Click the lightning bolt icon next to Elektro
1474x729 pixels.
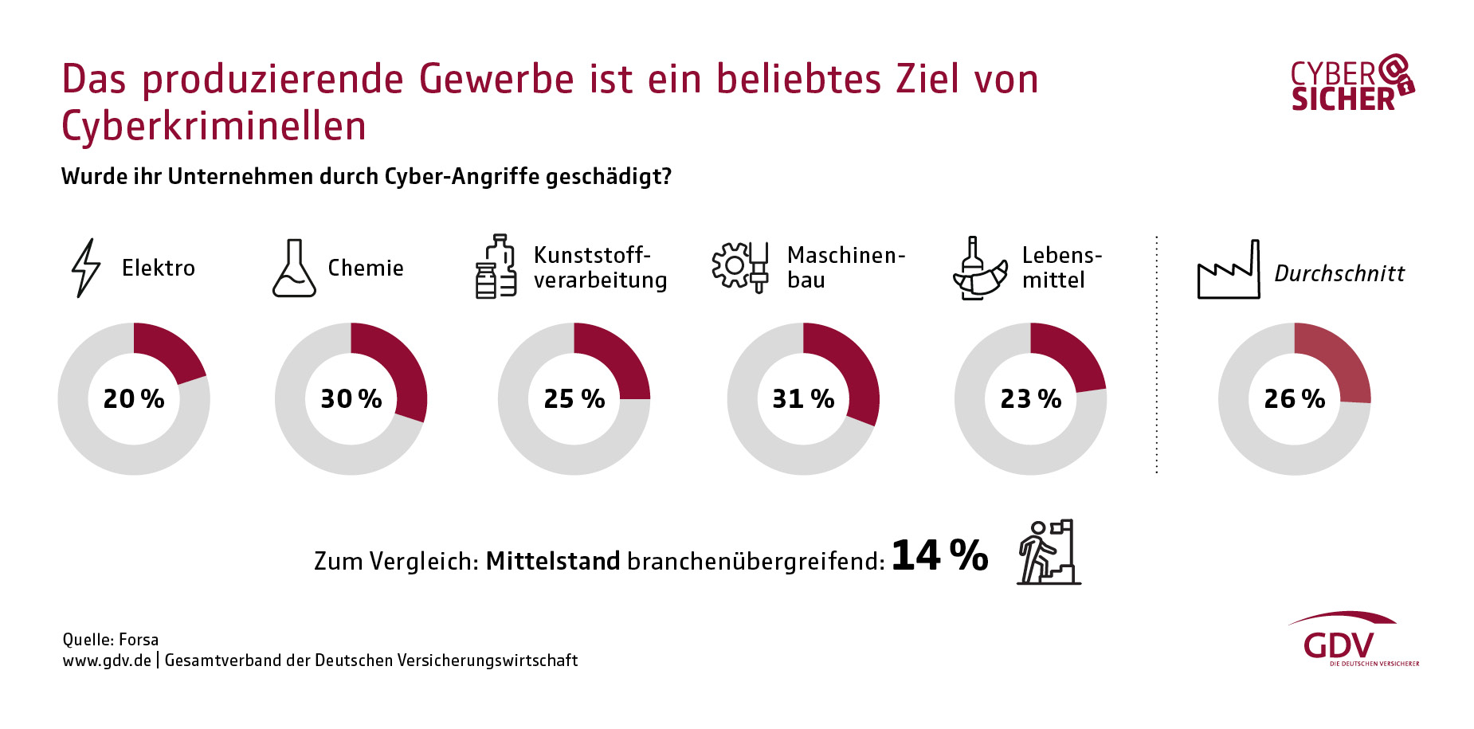click(x=86, y=268)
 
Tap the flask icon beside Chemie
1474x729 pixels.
click(x=294, y=268)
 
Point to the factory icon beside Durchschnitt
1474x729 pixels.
click(x=1229, y=270)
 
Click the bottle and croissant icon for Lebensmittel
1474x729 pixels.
click(x=979, y=268)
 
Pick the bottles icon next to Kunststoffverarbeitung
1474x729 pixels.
click(x=496, y=267)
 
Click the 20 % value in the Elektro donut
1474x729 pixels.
click(x=134, y=398)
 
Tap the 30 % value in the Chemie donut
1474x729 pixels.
click(x=351, y=398)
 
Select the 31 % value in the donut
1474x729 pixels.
click(x=803, y=398)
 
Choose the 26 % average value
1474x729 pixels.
click(x=1295, y=398)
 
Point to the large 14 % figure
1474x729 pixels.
click(x=940, y=555)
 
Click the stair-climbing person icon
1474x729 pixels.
click(x=1049, y=552)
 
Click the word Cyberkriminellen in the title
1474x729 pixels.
click(x=214, y=127)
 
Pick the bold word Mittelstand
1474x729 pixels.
click(x=553, y=561)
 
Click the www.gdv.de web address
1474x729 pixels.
click(x=107, y=660)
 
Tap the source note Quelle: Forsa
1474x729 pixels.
click(x=111, y=640)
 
